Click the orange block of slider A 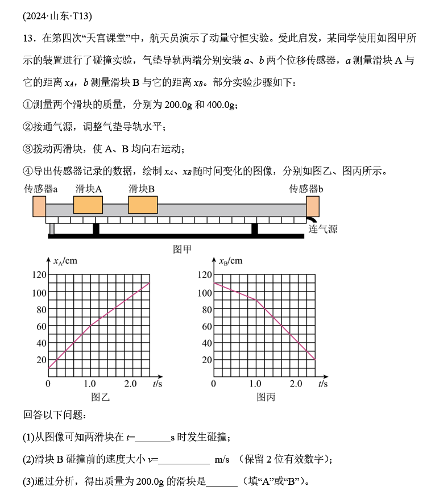point(88,205)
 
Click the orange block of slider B point(142,205)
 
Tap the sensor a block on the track point(39,206)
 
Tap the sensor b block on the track point(313,206)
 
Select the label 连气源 point(323,230)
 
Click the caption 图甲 point(182,249)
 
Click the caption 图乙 point(100,397)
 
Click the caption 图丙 point(266,397)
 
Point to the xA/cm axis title point(65,261)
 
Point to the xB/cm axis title point(230,261)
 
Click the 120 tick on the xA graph point(38,275)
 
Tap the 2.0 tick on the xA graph point(131,384)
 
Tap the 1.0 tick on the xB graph point(255,384)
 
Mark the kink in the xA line point(90,326)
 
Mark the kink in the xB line point(255,300)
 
